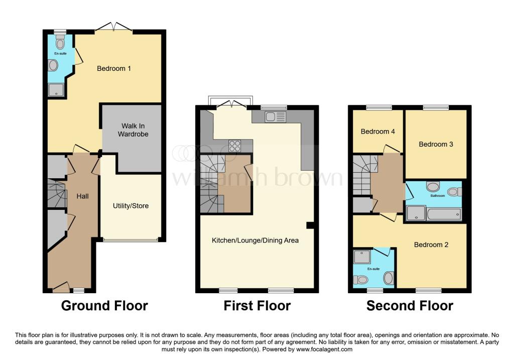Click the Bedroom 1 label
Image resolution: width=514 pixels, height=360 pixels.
(x=114, y=68)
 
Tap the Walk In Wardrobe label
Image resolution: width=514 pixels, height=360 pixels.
(x=133, y=130)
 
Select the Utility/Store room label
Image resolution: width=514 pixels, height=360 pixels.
(x=131, y=206)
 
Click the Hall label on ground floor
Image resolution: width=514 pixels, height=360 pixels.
(x=82, y=196)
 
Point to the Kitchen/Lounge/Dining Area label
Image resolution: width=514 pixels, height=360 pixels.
(x=255, y=240)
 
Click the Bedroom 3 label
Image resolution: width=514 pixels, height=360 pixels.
(x=436, y=144)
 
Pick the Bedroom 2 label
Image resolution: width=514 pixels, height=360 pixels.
(x=431, y=245)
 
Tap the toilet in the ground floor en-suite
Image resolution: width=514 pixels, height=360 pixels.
(x=61, y=44)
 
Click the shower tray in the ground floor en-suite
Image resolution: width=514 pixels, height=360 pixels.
(x=53, y=90)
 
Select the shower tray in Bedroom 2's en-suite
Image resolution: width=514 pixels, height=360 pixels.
(x=361, y=257)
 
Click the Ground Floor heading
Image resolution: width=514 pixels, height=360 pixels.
(x=104, y=305)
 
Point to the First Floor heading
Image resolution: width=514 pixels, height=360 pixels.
(x=257, y=305)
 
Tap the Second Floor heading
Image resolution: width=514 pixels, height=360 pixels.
(x=410, y=305)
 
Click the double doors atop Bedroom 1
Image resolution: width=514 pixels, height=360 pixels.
(x=114, y=27)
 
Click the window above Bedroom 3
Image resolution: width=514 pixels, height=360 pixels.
(x=435, y=107)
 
